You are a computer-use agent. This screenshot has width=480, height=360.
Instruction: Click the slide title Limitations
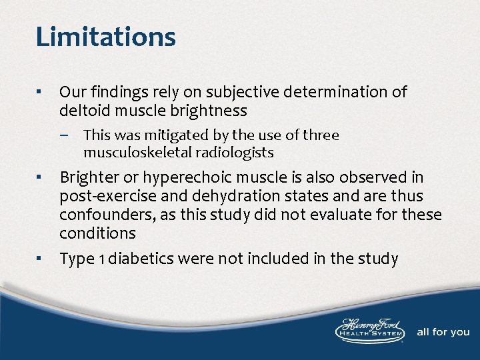[105, 37]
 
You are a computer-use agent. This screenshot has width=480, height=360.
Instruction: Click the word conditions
[97, 233]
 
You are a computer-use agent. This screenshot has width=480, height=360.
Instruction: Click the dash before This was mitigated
[73, 136]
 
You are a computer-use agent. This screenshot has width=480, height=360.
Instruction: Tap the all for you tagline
[443, 332]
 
